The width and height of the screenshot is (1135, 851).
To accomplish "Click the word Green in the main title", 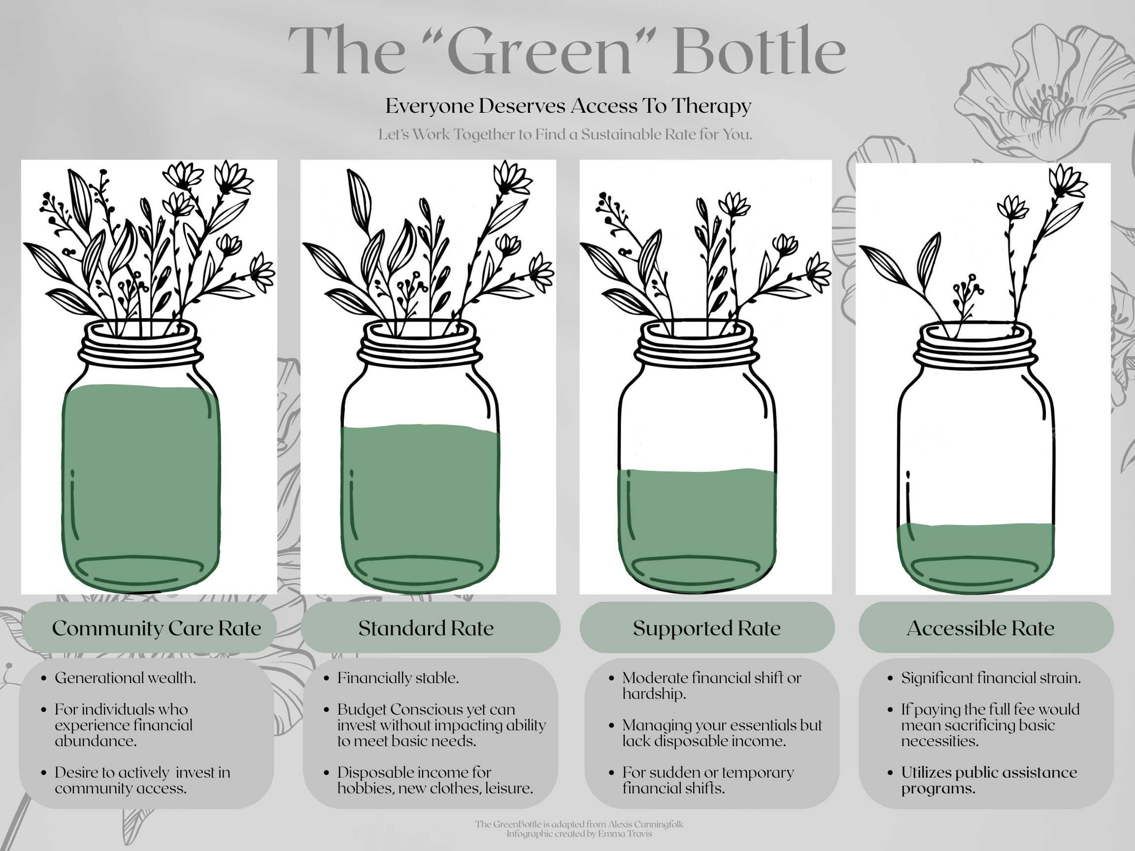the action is (542, 51).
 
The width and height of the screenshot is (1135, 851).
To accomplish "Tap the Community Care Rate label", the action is (157, 628).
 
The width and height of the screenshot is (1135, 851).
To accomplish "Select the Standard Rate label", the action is (426, 628).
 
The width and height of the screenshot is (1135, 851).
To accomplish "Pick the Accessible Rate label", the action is (980, 628).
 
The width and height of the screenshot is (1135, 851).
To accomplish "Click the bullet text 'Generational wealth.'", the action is (125, 678).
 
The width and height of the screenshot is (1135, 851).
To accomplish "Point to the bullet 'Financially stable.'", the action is (398, 678).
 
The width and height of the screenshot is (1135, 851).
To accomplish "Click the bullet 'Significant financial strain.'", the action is (991, 678).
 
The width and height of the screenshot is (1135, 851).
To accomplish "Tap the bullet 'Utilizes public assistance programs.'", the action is (989, 780).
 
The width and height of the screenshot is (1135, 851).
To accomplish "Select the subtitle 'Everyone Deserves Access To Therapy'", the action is (568, 106).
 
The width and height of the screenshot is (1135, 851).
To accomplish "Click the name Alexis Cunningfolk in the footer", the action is (645, 825).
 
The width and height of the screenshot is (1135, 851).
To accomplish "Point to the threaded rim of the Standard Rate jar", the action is (419, 343).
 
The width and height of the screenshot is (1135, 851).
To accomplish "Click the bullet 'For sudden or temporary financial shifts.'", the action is (708, 780).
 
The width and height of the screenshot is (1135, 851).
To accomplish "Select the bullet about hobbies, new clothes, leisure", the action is (435, 780).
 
